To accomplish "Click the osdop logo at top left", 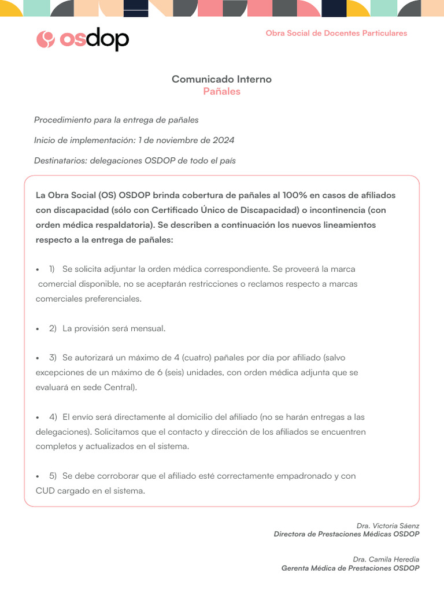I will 82,39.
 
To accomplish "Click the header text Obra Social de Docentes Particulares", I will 336,33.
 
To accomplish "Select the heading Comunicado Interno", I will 221,79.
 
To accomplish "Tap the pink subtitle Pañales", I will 221,91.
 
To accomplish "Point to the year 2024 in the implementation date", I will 223,140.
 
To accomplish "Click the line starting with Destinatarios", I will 135,161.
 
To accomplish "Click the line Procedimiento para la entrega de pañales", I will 116,120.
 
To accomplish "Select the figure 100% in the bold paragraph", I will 295,195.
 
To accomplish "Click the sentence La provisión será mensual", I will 114,328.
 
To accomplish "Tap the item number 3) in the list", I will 52,358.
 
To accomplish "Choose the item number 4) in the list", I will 52,417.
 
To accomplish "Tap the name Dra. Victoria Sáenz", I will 387,526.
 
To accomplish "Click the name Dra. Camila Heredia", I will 386,559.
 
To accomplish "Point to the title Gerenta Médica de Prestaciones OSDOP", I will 350,568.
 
